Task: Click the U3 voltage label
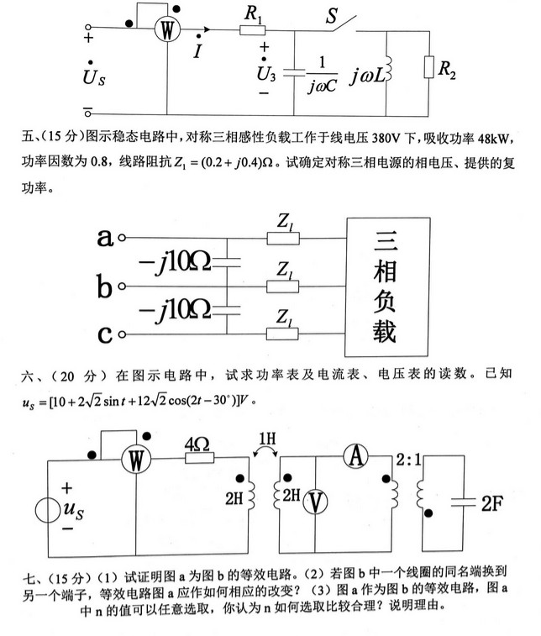tap(265, 73)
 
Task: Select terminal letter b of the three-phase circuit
tap(105, 288)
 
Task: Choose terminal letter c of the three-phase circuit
tap(105, 336)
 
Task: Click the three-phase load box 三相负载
tap(384, 286)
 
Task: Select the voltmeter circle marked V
tap(315, 502)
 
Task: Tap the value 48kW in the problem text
tap(499, 136)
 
